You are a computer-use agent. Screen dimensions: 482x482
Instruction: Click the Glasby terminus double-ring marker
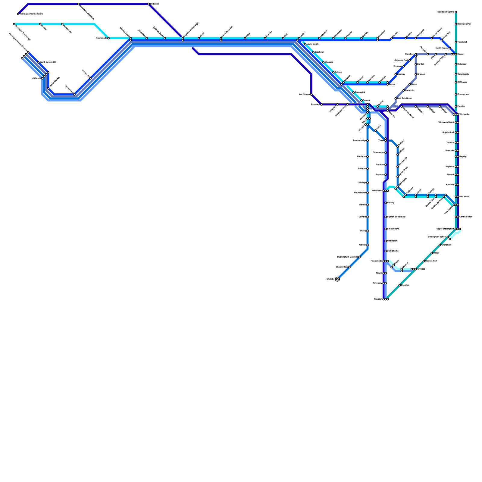pos(337,279)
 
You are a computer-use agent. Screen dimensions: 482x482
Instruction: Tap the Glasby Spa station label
pos(342,267)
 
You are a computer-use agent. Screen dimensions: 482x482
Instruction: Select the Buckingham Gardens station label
pos(347,257)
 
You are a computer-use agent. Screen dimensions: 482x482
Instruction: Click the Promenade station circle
pos(108,38)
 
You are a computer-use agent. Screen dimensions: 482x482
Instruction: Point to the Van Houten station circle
pos(311,94)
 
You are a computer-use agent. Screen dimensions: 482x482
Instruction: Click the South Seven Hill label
pos(48,62)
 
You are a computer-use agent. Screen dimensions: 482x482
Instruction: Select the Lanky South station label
pos(312,44)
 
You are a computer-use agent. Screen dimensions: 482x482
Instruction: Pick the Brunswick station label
pos(360,92)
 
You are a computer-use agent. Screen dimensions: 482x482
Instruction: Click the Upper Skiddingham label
pos(445,229)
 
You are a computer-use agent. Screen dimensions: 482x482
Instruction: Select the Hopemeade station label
pos(376,261)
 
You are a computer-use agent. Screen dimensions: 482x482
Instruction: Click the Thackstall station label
pos(462,42)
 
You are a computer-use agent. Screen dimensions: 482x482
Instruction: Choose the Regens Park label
pos(448,133)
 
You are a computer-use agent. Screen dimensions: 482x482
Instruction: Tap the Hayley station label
pos(463,157)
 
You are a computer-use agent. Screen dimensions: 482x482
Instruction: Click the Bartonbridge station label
pos(359,141)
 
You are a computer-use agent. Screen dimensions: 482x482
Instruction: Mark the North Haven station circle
pos(450,48)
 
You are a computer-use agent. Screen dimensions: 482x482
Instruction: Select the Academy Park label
pos(401,60)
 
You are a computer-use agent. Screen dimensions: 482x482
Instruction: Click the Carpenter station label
pos(410,90)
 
